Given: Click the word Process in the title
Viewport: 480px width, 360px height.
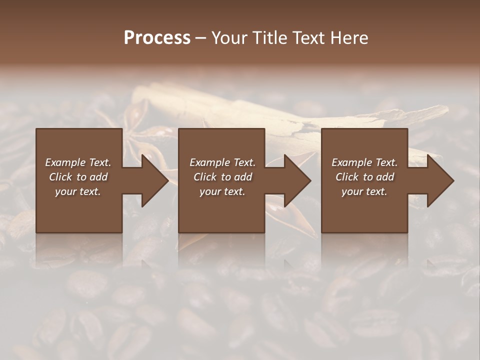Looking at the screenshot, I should point(157,38).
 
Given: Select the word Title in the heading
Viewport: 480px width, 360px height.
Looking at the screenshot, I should point(269,38).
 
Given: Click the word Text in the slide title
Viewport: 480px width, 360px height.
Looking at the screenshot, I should point(308,38).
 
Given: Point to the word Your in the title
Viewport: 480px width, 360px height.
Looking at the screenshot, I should point(229,38).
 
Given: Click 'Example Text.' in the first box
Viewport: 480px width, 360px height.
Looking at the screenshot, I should point(78,162).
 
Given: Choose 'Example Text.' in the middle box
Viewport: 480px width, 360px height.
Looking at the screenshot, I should point(222,162).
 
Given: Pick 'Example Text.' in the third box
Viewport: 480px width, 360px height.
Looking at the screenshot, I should point(364,162).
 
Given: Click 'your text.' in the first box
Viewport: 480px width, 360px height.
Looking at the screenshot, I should point(78,191).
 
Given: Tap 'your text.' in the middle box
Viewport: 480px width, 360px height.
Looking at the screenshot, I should point(222,191).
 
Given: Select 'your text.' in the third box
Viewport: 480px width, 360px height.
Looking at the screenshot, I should point(364,191).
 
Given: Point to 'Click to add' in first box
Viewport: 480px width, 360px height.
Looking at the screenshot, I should point(78,177).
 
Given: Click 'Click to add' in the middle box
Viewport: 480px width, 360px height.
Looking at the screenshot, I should point(222,177).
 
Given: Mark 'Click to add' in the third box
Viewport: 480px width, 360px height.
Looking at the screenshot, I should point(364,177).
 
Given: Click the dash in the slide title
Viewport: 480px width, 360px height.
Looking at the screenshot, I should point(201,38).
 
